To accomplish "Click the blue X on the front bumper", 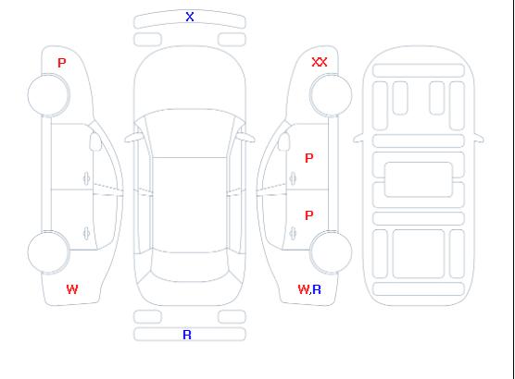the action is (190, 17).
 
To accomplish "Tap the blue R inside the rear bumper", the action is (187, 335).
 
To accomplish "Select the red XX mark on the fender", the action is (320, 62).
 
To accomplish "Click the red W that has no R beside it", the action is (72, 289).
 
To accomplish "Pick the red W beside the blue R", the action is (304, 289).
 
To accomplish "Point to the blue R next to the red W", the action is (317, 289).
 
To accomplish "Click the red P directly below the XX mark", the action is (309, 158).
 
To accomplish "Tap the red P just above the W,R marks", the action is (309, 215).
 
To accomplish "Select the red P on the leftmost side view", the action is (62, 63).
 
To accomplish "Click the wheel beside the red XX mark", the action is (331, 95).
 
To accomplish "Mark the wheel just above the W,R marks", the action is (331, 251).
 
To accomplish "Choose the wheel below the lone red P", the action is (48, 95).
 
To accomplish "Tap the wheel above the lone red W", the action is (48, 251).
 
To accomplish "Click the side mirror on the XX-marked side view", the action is (284, 141).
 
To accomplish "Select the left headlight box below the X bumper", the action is (148, 40).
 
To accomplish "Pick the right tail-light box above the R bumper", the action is (232, 317).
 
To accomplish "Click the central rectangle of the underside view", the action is (419, 179).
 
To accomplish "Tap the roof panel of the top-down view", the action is (190, 205).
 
